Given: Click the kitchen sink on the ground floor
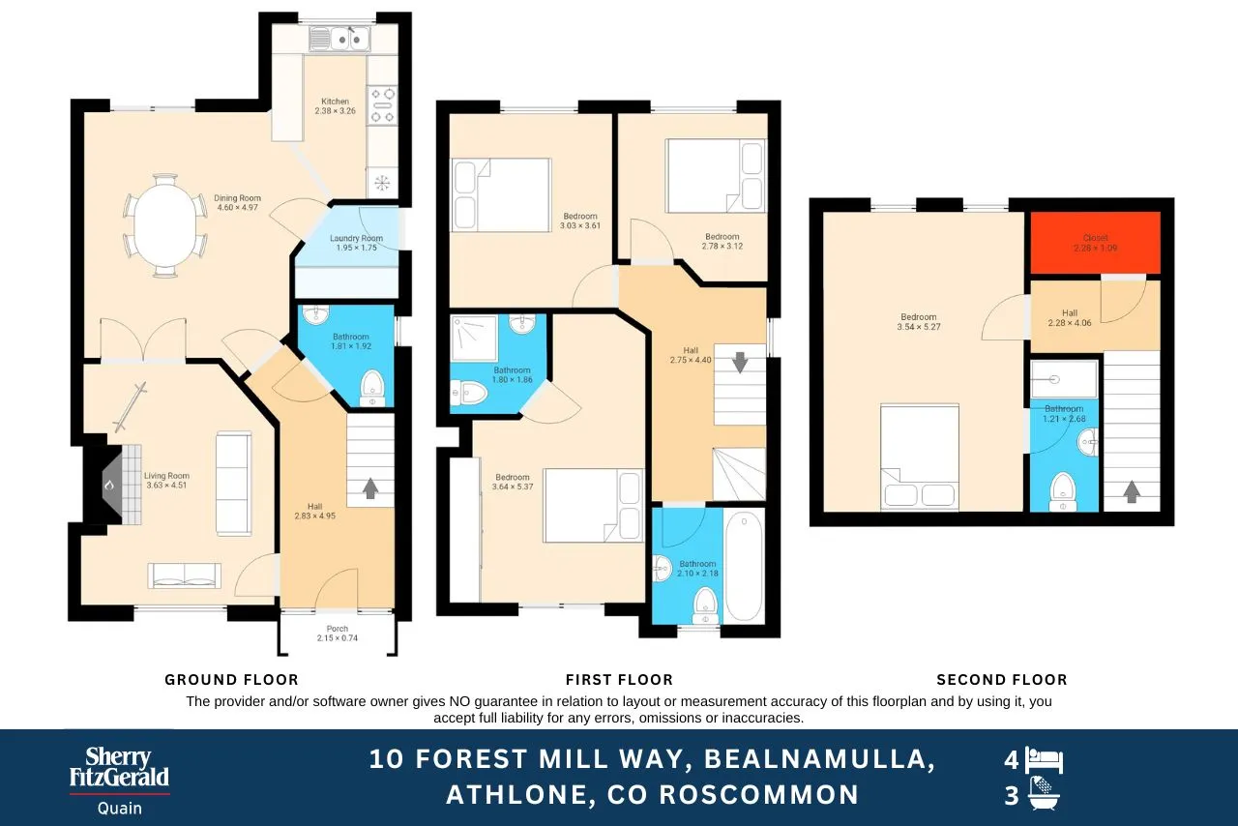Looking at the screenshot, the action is [x=340, y=40].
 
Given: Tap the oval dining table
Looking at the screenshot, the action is [x=165, y=225].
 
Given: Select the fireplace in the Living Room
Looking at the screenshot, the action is [x=112, y=485].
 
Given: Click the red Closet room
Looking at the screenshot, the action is [x=1095, y=242].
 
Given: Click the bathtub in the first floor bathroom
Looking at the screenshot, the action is [x=744, y=566].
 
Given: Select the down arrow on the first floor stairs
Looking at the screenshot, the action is [x=740, y=363].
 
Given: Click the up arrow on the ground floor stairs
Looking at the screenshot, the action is [x=370, y=488].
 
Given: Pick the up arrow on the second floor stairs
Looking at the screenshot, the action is [x=1132, y=491].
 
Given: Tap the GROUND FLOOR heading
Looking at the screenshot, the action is [x=231, y=680].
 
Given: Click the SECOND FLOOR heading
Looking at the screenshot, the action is [x=1002, y=680].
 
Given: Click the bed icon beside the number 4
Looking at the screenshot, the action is [x=1044, y=760].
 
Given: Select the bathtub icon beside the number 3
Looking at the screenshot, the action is [x=1044, y=794].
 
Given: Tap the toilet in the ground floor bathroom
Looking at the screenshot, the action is [x=372, y=388].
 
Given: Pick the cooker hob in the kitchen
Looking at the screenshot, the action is [x=382, y=105].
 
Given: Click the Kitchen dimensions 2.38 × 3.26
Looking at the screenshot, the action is [x=335, y=110].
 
